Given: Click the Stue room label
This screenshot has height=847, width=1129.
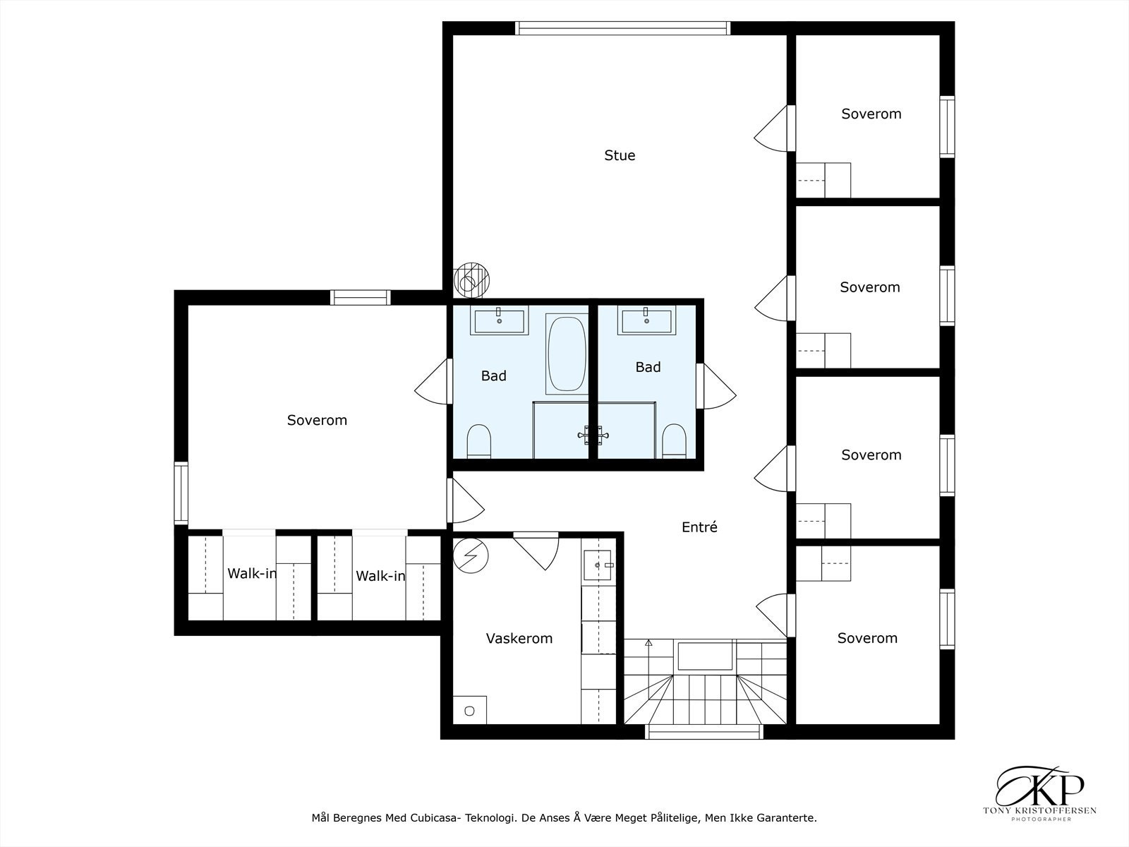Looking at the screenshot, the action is tap(620, 155).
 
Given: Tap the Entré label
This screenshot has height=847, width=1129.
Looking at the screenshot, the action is tap(699, 527).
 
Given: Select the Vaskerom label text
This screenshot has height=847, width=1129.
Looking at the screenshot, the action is tap(519, 638).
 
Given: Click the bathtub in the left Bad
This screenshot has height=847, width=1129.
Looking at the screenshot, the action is tap(567, 354).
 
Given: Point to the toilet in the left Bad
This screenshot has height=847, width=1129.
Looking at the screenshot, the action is tap(478, 441).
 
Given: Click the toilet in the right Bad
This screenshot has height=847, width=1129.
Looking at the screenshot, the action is tap(674, 441).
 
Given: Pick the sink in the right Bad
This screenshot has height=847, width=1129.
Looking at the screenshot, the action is tap(646, 320).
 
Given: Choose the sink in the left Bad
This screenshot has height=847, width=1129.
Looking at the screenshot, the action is tap(499, 320).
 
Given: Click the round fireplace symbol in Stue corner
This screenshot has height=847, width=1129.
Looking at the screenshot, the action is tap(471, 281).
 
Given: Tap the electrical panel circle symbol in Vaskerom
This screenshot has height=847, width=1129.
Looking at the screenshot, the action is tap(471, 555).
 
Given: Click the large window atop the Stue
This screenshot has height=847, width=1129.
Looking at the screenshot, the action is tap(622, 28).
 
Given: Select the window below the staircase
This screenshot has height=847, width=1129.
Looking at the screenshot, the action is tap(704, 732).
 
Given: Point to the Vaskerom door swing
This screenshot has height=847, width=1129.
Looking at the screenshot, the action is tap(536, 551).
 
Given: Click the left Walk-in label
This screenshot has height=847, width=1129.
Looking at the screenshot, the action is tap(251, 574).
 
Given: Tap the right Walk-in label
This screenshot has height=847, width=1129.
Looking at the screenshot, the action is tap(380, 577).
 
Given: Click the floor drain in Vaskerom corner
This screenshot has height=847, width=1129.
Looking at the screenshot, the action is tap(469, 711).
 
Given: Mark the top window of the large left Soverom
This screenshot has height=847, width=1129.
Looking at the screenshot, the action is tap(360, 297).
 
